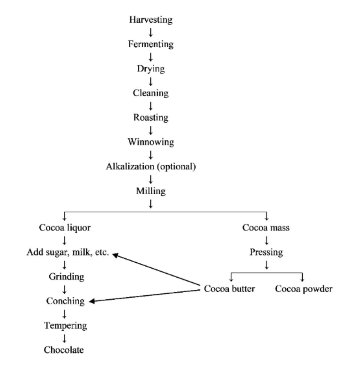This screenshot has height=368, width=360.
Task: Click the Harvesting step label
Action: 151,20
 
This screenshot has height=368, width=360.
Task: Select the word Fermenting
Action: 151,44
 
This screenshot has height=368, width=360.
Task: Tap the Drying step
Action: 151,69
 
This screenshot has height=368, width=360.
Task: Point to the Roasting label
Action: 151,118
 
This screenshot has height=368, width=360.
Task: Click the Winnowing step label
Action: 151,142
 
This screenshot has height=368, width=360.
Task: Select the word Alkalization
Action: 130,167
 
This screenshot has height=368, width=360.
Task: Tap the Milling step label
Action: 151,191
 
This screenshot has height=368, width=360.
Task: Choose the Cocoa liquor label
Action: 65,228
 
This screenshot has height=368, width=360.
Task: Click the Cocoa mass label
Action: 266,228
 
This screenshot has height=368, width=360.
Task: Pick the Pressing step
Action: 266,252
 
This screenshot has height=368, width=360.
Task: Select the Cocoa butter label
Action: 229,289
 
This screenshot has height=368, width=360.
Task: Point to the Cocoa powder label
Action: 304,289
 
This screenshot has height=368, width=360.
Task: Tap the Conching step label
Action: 65,301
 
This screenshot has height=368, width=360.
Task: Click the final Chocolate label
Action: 64,350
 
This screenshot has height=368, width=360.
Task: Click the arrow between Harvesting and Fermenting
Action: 151,32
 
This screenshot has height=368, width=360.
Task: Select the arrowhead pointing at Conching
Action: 92,301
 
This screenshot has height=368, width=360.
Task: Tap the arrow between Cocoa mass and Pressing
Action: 267,240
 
